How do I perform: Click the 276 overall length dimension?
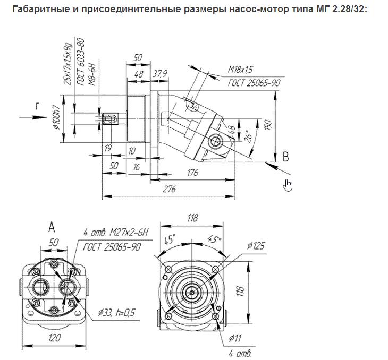click(x=170, y=190)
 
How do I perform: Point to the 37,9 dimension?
click(x=159, y=74)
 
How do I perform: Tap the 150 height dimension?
click(x=268, y=125)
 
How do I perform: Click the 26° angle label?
click(x=246, y=136)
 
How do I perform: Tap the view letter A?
click(x=52, y=228)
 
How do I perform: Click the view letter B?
click(x=285, y=157)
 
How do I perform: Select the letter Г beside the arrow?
click(x=38, y=106)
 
